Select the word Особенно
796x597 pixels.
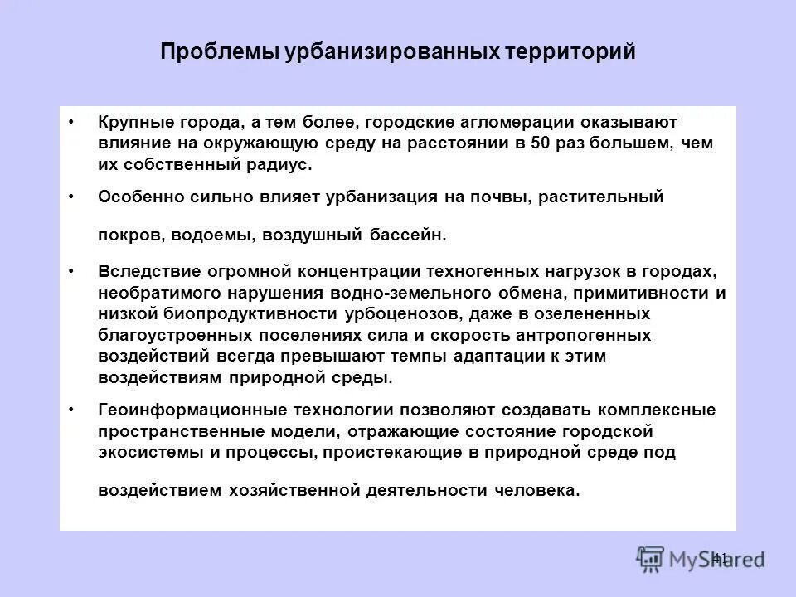point(137,197)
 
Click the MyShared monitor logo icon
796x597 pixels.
point(651,558)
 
